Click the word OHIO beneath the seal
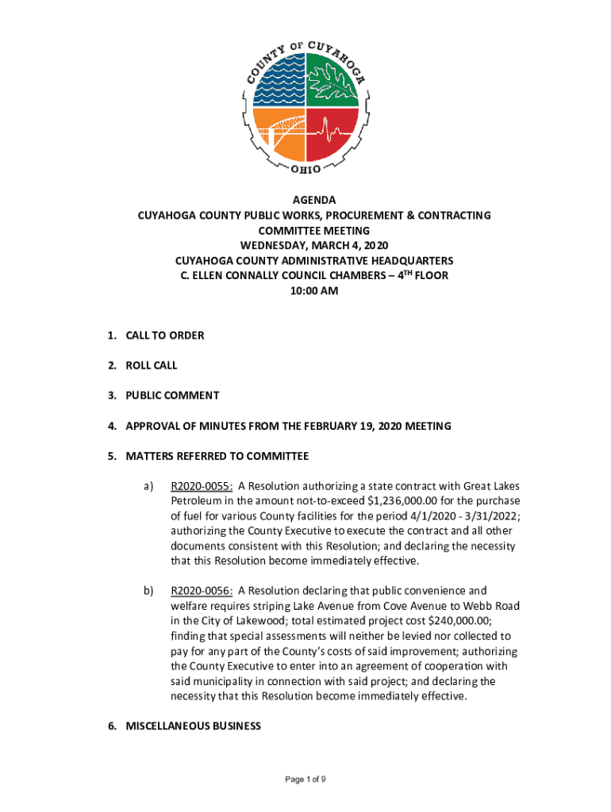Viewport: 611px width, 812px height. tap(305, 169)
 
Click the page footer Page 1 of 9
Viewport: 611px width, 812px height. tap(305, 779)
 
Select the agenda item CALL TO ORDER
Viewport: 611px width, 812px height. tap(164, 335)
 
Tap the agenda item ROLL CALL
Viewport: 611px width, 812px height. tap(152, 366)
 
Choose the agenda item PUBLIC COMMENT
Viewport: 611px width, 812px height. tap(172, 396)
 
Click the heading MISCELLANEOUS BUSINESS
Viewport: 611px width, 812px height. tap(193, 726)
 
